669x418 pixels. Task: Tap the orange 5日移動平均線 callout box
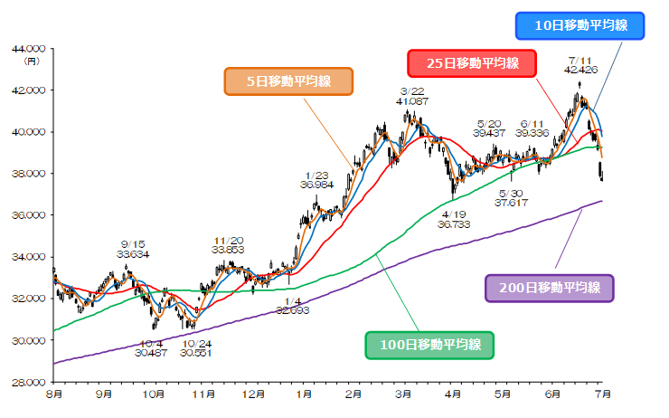click(288, 81)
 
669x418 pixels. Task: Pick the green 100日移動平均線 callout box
click(429, 344)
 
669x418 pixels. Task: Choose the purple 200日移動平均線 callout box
click(550, 289)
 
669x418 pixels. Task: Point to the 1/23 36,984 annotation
click(316, 180)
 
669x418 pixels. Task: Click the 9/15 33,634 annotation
click(132, 249)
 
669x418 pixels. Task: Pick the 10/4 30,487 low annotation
click(151, 348)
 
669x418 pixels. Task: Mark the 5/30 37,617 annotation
click(512, 198)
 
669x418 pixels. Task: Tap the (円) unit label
click(33, 60)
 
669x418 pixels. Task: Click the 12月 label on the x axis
click(254, 395)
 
